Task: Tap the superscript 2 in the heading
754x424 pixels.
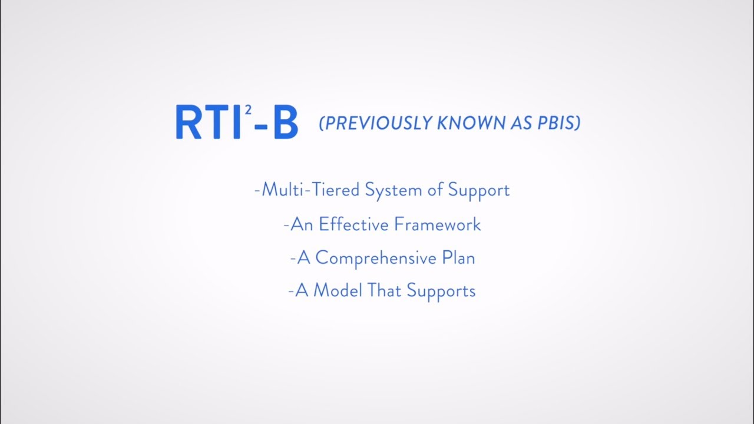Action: [x=250, y=110]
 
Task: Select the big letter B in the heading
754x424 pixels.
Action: [x=285, y=122]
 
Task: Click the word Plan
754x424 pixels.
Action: [x=459, y=258]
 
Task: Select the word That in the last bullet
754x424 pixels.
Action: [x=385, y=291]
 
